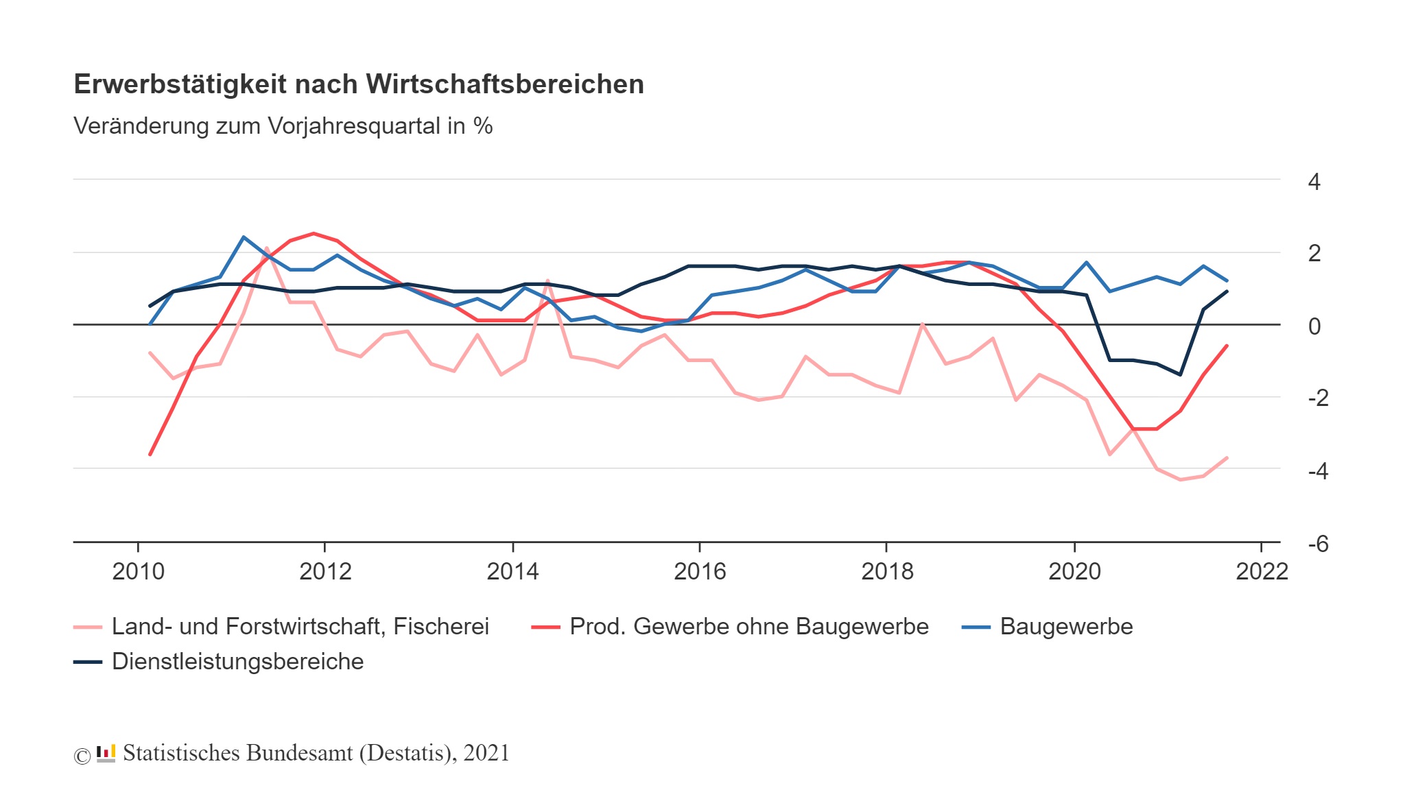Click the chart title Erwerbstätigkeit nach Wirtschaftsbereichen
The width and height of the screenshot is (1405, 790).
point(358,84)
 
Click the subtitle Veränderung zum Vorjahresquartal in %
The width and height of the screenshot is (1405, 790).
point(283,126)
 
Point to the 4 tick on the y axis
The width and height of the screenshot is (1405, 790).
point(1314,182)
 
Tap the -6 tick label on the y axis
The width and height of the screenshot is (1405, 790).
point(1318,544)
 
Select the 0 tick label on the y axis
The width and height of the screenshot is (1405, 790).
point(1314,326)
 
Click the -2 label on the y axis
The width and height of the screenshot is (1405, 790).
point(1318,398)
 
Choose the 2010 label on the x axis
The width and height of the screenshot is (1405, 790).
point(138,571)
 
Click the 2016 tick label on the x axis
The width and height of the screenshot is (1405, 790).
point(699,571)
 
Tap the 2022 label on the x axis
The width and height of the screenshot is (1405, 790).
point(1261,571)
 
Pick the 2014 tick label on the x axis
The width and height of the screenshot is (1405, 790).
point(512,571)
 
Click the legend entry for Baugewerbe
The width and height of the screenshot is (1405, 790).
point(1065,627)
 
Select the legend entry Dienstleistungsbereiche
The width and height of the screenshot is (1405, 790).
point(237,662)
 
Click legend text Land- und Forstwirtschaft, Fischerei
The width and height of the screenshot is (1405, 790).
point(300,627)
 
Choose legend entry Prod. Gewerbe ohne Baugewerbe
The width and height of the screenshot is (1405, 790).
point(748,627)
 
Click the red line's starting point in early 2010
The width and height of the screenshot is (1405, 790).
point(150,455)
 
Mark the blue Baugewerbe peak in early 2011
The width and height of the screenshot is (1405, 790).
point(244,237)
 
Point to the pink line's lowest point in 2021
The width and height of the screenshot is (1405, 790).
point(1180,479)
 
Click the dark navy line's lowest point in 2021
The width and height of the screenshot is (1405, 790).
point(1180,374)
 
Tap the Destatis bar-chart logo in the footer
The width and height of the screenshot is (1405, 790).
point(106,754)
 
